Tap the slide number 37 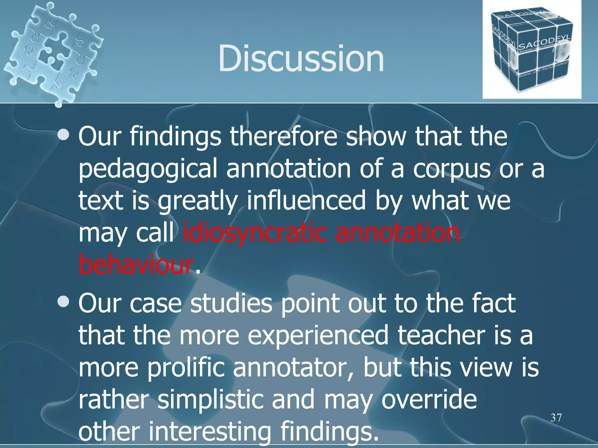tap(556, 418)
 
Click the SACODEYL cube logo tap(531, 50)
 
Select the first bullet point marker tap(63, 135)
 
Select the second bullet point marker tap(63, 302)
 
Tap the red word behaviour tap(136, 264)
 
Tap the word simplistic tap(210, 400)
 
